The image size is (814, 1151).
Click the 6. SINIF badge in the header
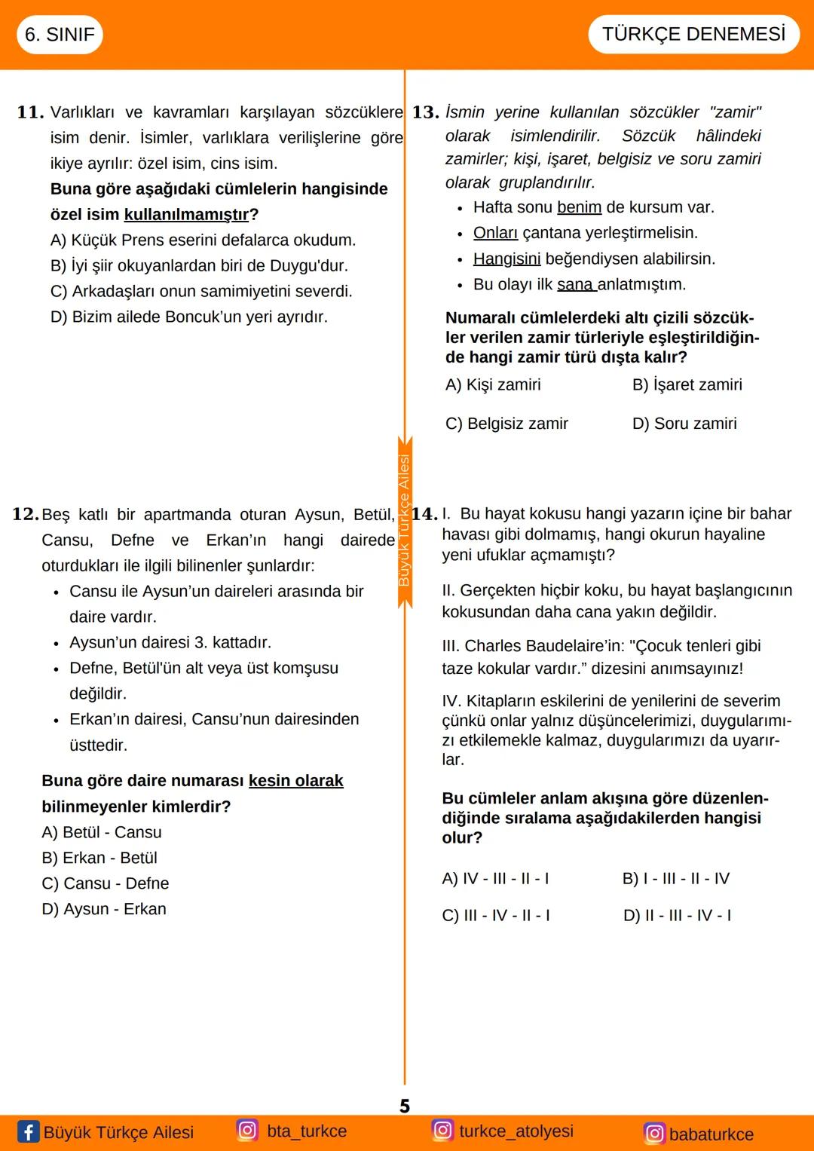click(60, 35)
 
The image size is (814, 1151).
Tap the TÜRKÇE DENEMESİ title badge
click(693, 34)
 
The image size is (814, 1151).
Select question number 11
click(30, 112)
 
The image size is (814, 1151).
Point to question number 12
click(26, 514)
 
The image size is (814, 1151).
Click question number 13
click(425, 112)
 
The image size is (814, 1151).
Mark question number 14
click(424, 514)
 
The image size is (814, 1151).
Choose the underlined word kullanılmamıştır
click(186, 215)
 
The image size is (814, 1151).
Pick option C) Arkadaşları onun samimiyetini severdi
click(201, 292)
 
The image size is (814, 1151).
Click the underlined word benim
click(579, 207)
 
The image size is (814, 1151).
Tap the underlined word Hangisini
click(506, 259)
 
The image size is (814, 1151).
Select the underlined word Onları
click(495, 233)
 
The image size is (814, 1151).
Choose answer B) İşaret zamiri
click(687, 384)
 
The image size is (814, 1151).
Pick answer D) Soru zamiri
click(684, 424)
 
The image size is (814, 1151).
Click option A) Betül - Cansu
click(102, 832)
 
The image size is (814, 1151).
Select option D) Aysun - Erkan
click(104, 909)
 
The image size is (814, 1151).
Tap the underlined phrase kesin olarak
click(295, 781)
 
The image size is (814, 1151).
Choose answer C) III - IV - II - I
click(495, 915)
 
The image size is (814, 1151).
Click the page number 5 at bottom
click(405, 1106)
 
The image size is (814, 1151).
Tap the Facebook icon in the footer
click(28, 1131)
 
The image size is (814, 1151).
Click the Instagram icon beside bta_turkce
click(247, 1130)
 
